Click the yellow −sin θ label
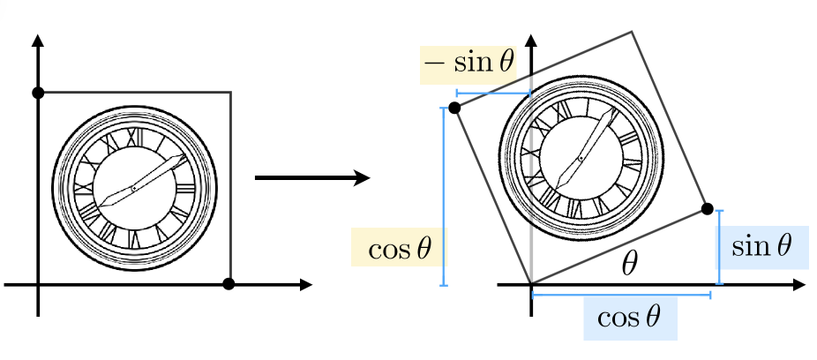468,64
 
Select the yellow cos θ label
400,248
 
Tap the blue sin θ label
761,246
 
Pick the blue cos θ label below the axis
629,318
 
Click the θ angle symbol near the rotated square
629,265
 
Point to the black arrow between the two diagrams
312,177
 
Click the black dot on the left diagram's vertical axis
38,93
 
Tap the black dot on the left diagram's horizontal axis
229,284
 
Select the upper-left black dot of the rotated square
454,108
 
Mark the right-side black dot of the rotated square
707,209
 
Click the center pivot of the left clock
134,188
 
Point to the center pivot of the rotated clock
581,158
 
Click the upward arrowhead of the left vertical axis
38,41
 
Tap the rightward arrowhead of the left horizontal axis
304,284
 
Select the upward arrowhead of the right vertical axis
531,41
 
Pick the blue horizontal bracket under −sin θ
493,94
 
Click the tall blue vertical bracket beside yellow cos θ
444,197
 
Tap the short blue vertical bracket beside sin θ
720,247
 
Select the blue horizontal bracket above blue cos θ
621,295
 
